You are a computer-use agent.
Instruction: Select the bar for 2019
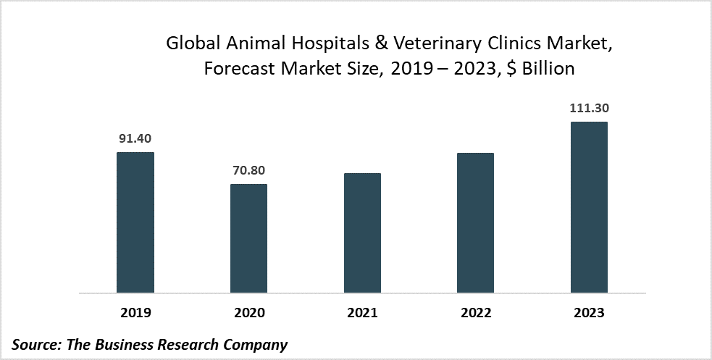click(135, 222)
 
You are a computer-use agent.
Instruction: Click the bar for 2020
click(248, 238)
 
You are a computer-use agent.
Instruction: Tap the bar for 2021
click(362, 233)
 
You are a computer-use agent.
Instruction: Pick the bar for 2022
click(475, 223)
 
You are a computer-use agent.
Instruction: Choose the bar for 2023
click(589, 207)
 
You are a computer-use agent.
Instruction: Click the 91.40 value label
click(135, 138)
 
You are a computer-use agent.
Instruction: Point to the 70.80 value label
click(248, 170)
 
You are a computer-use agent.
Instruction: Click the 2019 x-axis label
click(135, 313)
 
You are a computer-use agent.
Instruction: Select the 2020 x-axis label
click(248, 313)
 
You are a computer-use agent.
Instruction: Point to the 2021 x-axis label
click(362, 313)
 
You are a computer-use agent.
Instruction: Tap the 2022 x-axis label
click(475, 313)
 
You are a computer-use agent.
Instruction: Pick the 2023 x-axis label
click(589, 313)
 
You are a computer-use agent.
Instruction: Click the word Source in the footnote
click(36, 344)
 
